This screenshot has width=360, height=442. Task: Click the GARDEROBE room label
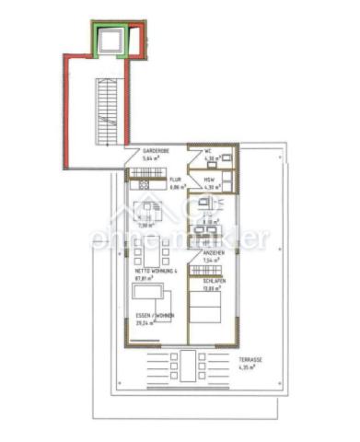tap(155, 150)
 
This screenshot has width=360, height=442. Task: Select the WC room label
tap(208, 151)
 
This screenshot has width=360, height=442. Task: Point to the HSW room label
tap(209, 180)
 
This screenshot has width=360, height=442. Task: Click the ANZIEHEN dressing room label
tap(214, 253)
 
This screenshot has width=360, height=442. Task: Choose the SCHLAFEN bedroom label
tap(214, 282)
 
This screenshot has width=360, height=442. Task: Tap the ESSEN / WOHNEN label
tap(155, 316)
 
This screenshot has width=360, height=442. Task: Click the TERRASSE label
tap(251, 360)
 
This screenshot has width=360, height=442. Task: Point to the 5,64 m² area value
tap(152, 158)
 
